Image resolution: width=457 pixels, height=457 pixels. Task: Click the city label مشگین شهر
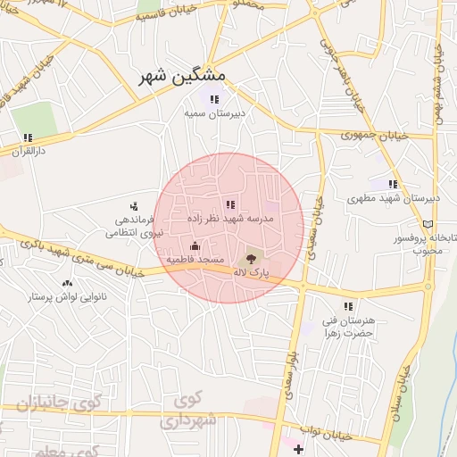[x=183, y=77]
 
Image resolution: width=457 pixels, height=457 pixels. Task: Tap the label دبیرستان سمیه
[x=214, y=114]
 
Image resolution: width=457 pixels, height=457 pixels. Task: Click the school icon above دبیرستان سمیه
[x=214, y=99]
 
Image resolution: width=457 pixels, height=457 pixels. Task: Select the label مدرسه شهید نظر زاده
[x=230, y=219]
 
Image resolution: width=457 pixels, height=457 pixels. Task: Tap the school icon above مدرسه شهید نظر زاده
[x=230, y=204]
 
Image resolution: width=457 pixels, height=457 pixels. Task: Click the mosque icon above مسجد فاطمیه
[x=195, y=245]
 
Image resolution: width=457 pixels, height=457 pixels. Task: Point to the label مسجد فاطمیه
[x=195, y=259]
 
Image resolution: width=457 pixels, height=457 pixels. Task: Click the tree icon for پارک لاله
[x=250, y=258]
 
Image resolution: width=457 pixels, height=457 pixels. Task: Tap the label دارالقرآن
[x=27, y=152]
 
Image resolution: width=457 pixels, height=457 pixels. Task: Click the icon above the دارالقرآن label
[x=28, y=137]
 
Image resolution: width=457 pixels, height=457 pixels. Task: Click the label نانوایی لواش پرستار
[x=68, y=296]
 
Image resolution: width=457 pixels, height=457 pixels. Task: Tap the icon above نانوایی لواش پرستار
[x=67, y=283]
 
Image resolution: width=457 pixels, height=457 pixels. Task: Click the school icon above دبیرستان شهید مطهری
[x=393, y=185]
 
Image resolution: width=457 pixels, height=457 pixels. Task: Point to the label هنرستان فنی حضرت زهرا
[x=346, y=327]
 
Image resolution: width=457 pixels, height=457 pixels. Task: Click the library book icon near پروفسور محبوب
[x=430, y=223]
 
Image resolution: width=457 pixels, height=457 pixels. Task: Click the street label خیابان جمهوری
[x=375, y=136]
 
